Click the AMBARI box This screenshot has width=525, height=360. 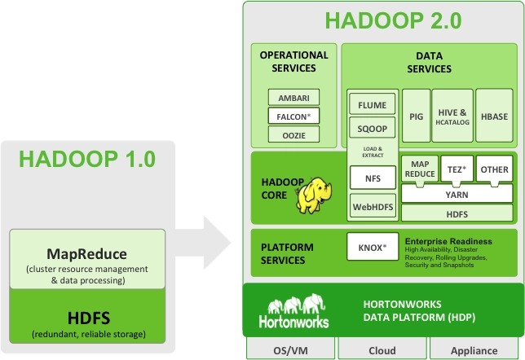coord(293,97)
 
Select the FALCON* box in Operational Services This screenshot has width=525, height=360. coord(293,116)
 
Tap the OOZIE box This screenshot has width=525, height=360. coord(293,134)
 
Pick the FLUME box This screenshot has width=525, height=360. coord(373,104)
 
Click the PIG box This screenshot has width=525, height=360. coord(416,116)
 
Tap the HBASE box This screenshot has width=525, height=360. coord(492,116)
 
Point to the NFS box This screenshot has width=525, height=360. coord(373,176)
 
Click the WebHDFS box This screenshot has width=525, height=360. coord(373,207)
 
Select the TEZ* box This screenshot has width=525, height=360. coord(456,169)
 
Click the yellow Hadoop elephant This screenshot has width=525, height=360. coord(316,196)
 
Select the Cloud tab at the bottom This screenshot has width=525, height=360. coord(382,350)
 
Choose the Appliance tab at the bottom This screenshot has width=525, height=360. coord(475,350)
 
